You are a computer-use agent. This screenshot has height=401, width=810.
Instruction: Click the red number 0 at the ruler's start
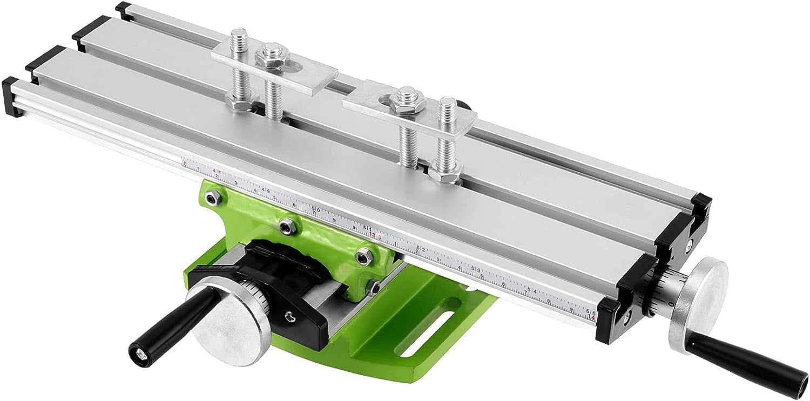click(185, 163)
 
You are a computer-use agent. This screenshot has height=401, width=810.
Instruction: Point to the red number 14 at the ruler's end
click(593, 317)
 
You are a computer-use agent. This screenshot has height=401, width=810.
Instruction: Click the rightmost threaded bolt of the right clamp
click(447, 135)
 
